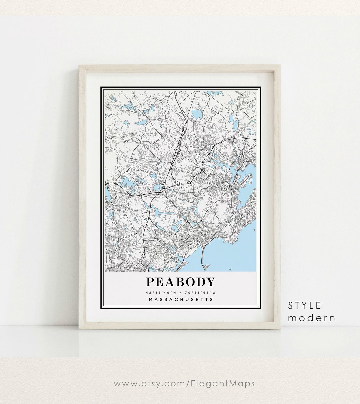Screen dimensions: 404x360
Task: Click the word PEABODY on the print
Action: click(180, 282)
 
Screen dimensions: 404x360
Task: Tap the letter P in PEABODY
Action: click(150, 282)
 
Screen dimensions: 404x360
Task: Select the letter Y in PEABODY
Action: click(210, 282)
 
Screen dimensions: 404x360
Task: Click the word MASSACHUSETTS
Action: click(181, 299)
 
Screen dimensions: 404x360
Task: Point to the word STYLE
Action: click(305, 305)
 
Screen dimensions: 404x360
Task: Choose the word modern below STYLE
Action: click(312, 318)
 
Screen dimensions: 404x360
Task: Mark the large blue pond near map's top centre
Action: click(197, 114)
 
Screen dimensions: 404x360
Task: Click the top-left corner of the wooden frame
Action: click(79, 66)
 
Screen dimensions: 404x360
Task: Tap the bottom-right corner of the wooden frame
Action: click(280, 329)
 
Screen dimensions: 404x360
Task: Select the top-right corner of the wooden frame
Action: click(280, 66)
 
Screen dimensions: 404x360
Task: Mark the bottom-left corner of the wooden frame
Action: click(79, 329)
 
